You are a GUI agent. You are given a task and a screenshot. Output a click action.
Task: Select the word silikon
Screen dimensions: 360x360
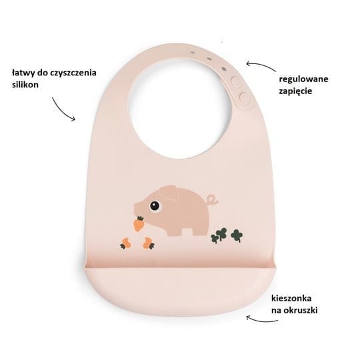[25, 85]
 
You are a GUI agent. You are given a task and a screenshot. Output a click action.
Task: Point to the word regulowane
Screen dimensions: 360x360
[303, 80]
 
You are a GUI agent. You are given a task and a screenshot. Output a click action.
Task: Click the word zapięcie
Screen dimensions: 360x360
[296, 91]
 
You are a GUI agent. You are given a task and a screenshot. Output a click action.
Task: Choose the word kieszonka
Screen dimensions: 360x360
[291, 298]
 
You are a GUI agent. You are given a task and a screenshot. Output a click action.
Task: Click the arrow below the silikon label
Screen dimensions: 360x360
[63, 110]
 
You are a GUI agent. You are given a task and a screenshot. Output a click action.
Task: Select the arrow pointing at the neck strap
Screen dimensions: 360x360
[261, 65]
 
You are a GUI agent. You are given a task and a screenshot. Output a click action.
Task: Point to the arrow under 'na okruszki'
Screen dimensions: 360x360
[261, 320]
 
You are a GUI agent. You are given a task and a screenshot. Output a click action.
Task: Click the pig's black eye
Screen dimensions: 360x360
[155, 206]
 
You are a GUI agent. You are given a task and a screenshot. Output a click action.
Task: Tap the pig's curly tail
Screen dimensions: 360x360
[212, 199]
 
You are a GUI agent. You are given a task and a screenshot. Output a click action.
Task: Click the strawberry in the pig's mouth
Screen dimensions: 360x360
[139, 223]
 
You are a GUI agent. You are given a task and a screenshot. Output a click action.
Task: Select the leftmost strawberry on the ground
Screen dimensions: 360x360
[125, 243]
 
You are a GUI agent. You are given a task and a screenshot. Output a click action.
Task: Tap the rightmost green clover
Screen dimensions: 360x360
[237, 235]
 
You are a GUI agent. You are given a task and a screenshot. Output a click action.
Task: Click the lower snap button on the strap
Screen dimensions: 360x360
[244, 98]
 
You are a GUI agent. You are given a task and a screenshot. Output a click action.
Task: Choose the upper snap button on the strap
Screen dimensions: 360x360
[236, 82]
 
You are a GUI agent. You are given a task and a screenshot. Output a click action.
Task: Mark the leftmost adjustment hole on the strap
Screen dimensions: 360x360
[193, 53]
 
